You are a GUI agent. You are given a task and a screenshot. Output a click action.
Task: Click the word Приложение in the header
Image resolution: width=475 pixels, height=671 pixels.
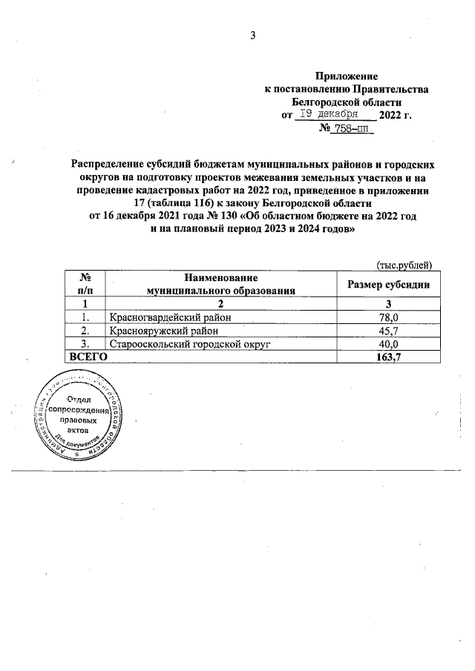click(347, 76)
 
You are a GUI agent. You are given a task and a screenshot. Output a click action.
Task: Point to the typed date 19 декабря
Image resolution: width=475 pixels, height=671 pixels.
click(327, 114)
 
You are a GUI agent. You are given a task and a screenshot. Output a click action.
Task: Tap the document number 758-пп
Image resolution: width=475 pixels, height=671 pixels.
click(347, 129)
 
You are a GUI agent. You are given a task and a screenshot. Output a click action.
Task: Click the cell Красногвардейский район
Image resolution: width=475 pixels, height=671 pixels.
click(170, 317)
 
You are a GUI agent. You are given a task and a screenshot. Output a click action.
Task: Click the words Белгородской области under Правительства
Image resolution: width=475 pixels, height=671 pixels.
click(347, 102)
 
